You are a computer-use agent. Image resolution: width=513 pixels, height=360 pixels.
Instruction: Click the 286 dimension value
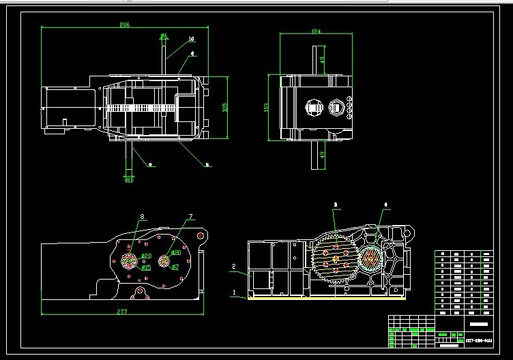[125, 25]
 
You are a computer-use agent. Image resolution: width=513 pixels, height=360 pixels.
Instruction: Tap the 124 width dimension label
[316, 31]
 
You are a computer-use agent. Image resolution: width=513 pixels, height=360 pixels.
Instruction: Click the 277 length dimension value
[122, 312]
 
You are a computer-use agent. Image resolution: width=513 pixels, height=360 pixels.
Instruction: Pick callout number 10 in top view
[190, 39]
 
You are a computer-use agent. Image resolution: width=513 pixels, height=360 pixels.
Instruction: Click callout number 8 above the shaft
[142, 217]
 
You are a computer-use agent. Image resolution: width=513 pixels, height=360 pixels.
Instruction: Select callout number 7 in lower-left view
[190, 217]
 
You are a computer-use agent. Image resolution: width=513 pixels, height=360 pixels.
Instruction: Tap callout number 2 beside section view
[233, 266]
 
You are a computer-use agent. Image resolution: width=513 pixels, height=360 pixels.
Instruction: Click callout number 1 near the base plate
[234, 292]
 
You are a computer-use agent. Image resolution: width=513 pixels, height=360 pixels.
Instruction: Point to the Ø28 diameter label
[145, 256]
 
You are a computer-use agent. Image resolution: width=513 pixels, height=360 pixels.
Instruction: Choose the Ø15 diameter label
[146, 267]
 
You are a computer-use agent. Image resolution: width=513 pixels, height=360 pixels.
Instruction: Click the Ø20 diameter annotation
[175, 253]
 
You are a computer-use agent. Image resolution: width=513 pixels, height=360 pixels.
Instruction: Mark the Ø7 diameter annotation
[175, 267]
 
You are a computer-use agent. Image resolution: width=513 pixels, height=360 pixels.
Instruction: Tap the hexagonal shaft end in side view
[336, 107]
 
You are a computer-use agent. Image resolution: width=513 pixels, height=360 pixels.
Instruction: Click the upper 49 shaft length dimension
[323, 61]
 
